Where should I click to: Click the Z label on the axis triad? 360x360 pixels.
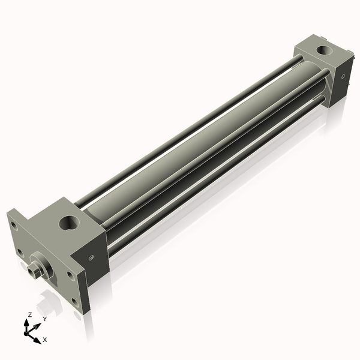29,314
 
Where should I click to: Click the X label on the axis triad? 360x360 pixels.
45,340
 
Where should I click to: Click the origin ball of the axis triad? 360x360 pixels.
28,330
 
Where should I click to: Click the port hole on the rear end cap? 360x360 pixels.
325,50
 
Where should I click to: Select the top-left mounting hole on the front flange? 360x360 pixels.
13,226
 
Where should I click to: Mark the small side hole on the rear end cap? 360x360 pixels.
340,76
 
